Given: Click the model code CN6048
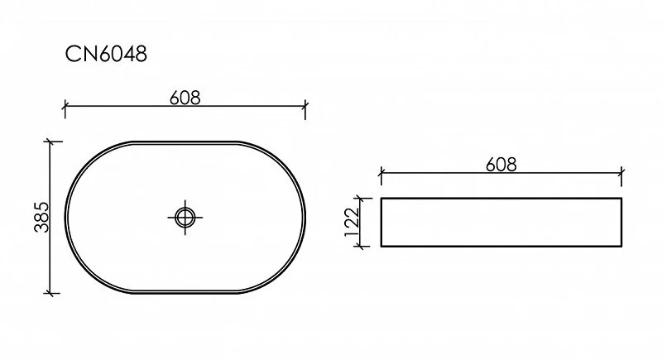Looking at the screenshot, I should click(106, 55).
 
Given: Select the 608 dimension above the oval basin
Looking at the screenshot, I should click(185, 97).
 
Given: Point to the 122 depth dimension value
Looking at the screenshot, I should click(351, 223).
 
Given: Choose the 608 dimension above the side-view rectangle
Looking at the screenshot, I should click(501, 164).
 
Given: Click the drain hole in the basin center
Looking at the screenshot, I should click(185, 218).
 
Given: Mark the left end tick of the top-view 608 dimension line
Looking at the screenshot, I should click(65, 107).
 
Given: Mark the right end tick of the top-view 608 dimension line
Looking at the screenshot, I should click(306, 107).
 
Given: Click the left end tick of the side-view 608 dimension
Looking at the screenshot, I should click(380, 174).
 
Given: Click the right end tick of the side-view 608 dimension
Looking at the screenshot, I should click(621, 174).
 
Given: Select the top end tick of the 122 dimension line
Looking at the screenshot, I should click(359, 199).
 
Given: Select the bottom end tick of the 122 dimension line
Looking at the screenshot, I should click(359, 247).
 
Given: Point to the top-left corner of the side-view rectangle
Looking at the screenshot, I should click(380, 199).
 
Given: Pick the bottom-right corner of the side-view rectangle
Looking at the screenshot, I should click(621, 247).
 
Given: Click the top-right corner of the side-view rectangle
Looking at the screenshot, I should click(621, 199).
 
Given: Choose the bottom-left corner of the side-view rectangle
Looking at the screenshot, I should click(380, 247).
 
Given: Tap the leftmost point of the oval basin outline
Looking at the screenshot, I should click(65, 218).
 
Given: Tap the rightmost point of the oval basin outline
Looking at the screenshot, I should click(305, 218).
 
